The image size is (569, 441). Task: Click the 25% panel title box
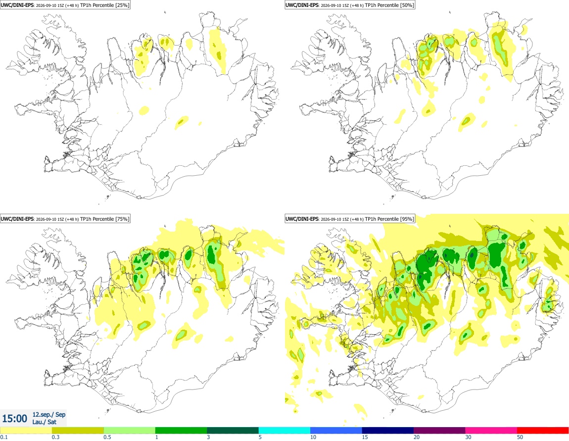click(x=65, y=5)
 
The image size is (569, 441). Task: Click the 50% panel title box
click(x=350, y=5)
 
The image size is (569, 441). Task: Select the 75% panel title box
click(x=65, y=219)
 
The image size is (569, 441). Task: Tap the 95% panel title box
click(x=350, y=219)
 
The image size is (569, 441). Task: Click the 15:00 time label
click(x=14, y=419)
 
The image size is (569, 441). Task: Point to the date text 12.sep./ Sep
click(x=49, y=414)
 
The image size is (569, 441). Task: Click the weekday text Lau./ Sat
click(x=44, y=422)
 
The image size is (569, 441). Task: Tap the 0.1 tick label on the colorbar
click(x=4, y=437)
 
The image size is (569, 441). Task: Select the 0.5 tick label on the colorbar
click(x=107, y=437)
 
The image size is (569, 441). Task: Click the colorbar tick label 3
click(x=208, y=437)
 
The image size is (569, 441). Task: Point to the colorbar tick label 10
click(x=313, y=437)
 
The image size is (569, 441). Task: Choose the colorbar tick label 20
click(x=417, y=437)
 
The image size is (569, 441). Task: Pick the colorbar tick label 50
click(x=520, y=437)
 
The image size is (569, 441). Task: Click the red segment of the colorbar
click(x=543, y=431)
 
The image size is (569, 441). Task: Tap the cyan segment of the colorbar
click(x=284, y=431)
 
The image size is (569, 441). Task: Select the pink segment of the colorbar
click(x=491, y=431)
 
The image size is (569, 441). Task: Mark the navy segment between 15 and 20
click(x=388, y=431)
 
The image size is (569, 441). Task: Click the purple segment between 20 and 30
click(x=439, y=431)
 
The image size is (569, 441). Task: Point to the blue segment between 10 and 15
click(x=336, y=431)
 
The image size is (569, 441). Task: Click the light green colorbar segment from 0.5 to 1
click(x=130, y=431)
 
